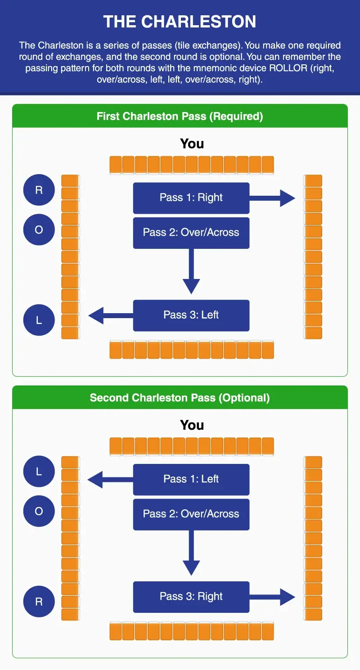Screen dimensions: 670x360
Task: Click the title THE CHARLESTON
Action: [180, 22]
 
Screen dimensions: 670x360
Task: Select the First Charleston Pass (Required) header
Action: [180, 117]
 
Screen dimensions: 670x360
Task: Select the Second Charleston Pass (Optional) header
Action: [180, 398]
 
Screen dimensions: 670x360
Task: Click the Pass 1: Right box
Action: [191, 198]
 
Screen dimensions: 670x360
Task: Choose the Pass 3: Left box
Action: [191, 315]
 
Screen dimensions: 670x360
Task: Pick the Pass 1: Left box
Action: [191, 479]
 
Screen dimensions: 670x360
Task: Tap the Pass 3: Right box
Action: [191, 597]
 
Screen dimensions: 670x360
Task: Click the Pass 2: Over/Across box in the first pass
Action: [191, 233]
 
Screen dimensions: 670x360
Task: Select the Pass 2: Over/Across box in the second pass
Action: [191, 514]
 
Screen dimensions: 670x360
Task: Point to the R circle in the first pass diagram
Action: [39, 190]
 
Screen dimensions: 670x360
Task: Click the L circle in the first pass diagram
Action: [39, 320]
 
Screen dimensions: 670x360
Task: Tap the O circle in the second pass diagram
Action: [39, 512]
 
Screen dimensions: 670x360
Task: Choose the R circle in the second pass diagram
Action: [39, 602]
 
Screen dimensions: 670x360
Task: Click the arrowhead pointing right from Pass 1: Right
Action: [287, 198]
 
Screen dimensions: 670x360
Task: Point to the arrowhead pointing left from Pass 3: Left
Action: [96, 315]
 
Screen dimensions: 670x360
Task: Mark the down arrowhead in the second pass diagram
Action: [191, 567]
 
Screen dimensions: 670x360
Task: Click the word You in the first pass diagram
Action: [192, 144]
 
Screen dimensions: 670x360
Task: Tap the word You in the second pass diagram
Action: [192, 425]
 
